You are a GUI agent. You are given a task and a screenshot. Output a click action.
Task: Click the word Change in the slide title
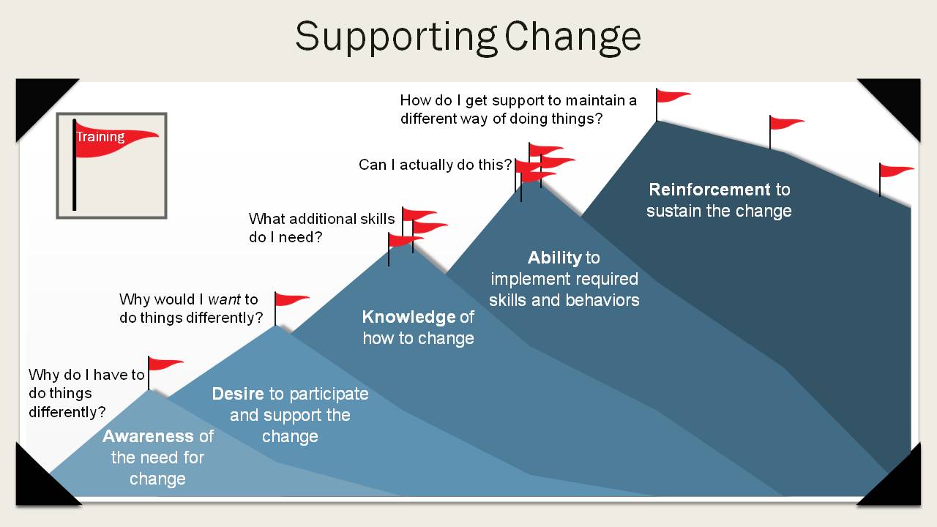point(572,37)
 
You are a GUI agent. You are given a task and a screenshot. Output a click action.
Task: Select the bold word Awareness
point(148,436)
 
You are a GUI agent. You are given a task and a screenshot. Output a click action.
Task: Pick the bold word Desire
point(238,394)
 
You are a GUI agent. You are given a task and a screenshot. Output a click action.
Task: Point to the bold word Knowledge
point(408,317)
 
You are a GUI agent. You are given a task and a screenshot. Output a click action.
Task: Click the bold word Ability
point(555,258)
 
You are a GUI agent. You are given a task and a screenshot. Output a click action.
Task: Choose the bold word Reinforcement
point(709,190)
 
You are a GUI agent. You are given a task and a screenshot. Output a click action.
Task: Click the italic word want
point(224,299)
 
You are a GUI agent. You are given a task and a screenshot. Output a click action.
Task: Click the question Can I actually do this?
point(435,165)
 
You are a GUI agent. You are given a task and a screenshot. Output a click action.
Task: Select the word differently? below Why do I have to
point(67,412)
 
